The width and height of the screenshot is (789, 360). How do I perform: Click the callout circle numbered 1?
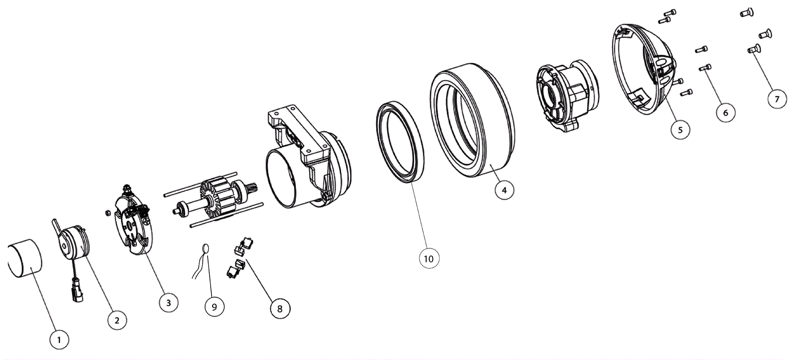point(59,340)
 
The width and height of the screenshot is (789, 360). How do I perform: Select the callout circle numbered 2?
point(117,320)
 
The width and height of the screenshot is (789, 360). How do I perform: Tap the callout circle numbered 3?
point(168,303)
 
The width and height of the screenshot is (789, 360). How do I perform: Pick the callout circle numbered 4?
point(504,190)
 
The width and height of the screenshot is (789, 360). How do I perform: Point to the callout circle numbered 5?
point(680,130)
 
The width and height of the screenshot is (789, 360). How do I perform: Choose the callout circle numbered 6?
point(725,112)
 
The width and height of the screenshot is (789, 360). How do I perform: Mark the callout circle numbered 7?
point(777,99)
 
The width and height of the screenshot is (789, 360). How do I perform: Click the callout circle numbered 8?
point(280,309)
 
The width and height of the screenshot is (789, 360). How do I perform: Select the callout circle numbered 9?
point(215,306)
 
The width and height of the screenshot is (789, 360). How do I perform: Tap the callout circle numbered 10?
point(429,258)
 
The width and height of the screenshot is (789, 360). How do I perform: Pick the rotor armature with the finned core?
point(215,199)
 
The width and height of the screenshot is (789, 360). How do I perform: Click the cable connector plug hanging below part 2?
point(77,290)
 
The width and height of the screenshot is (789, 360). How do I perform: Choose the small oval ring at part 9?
point(206,249)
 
